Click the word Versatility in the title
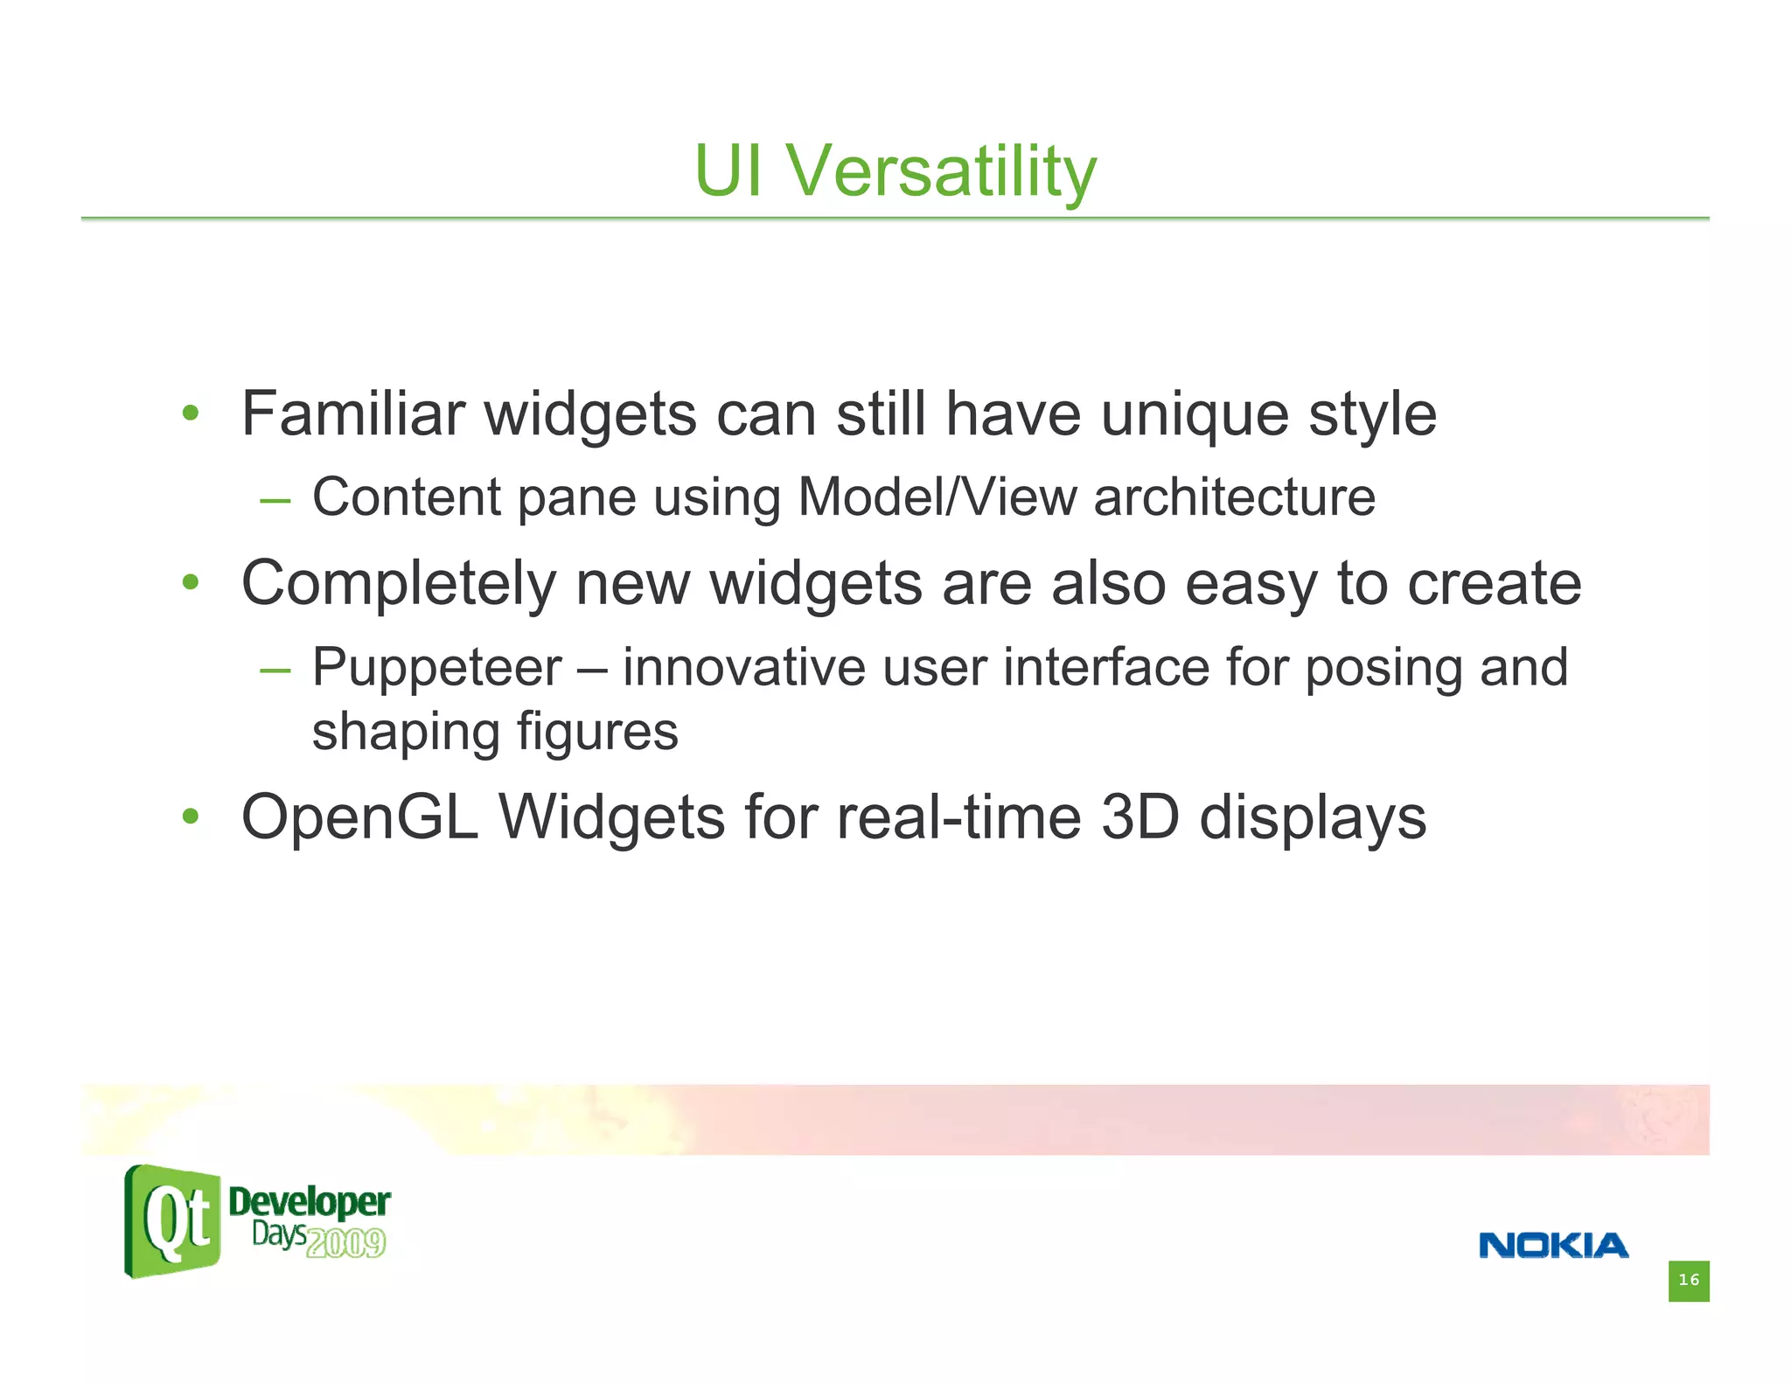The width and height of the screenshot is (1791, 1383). (940, 171)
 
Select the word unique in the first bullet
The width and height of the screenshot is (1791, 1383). (1195, 415)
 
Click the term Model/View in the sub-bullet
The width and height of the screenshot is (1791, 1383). (937, 497)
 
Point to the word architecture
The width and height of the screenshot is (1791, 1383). (1234, 497)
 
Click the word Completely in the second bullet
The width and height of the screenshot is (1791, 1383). (398, 584)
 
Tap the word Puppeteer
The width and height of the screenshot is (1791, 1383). (437, 668)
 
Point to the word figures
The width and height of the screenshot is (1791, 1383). (597, 733)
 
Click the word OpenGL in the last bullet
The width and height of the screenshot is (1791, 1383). (359, 818)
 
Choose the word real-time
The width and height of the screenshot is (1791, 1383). (959, 818)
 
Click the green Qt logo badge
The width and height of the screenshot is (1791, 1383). (172, 1221)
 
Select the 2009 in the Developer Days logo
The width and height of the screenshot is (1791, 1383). (346, 1243)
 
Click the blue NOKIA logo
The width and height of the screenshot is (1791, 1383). (1553, 1246)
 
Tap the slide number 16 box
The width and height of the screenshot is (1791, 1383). (1688, 1281)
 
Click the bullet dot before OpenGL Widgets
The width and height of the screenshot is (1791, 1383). (191, 817)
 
